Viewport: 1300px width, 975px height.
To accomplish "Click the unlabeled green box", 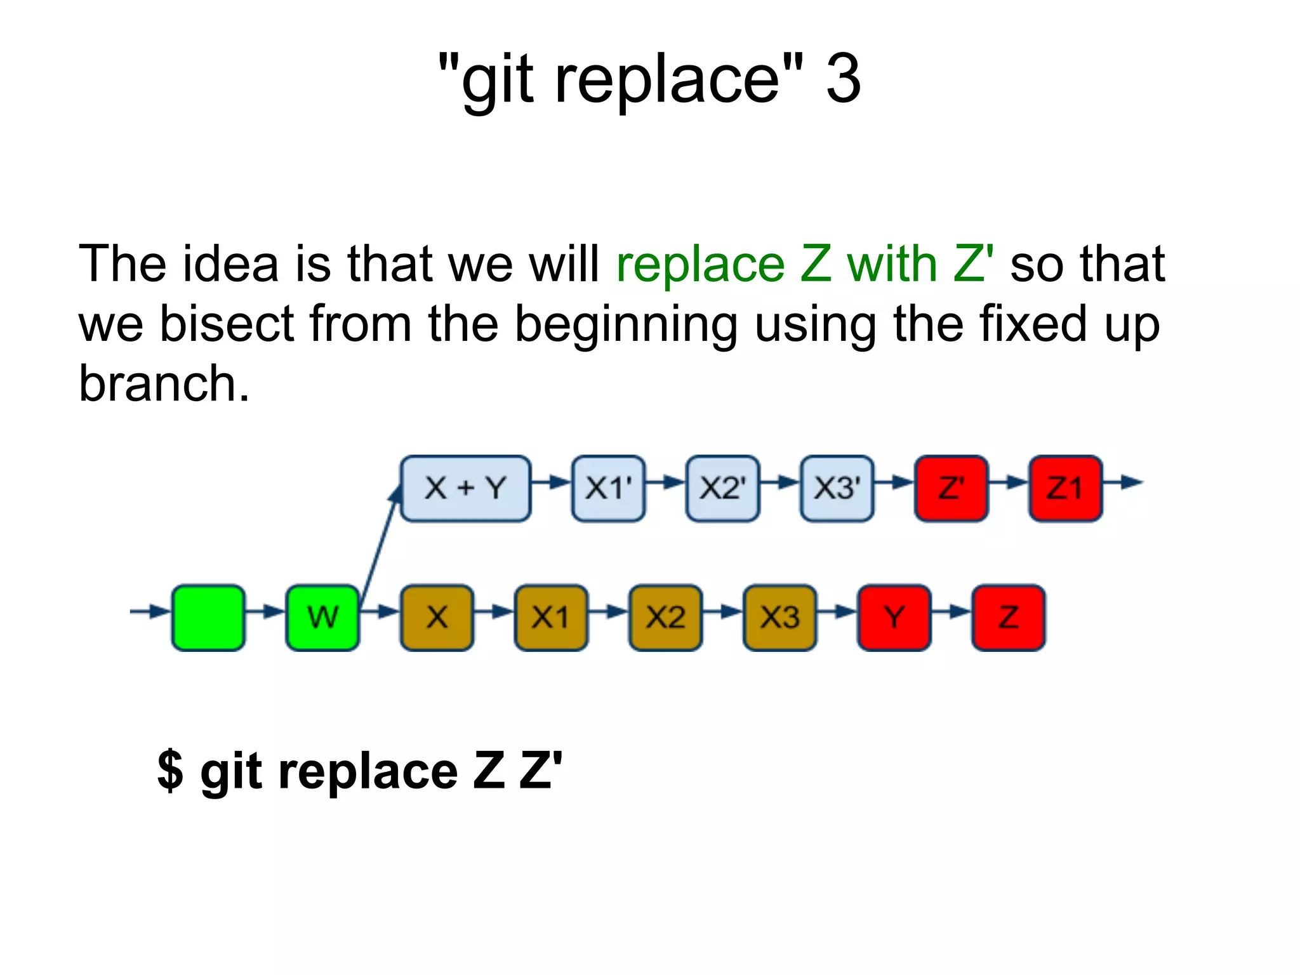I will [x=208, y=618].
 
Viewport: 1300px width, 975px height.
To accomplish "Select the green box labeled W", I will [x=322, y=618].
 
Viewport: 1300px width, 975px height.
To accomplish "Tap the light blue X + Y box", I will [x=465, y=488].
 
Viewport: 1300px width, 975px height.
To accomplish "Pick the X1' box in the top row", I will [x=608, y=488].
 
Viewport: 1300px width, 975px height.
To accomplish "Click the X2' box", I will [x=722, y=488].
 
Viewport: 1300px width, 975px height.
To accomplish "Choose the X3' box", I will [x=837, y=488].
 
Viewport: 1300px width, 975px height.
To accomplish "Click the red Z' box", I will [x=951, y=488].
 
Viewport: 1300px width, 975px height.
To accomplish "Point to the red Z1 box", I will [x=1065, y=488].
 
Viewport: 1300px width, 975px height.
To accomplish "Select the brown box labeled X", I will [x=437, y=618].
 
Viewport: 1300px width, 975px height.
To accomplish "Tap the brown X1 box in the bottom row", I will [x=551, y=618].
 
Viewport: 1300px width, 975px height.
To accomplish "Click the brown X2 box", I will [x=665, y=618].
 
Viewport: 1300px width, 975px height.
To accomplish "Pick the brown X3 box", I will [x=779, y=618].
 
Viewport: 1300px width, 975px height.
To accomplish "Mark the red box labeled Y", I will [x=894, y=618].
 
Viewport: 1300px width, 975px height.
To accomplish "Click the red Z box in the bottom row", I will [x=1008, y=618].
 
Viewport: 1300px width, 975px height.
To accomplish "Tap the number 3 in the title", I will [x=843, y=79].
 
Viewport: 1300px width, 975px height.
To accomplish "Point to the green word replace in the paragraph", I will [x=700, y=265].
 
